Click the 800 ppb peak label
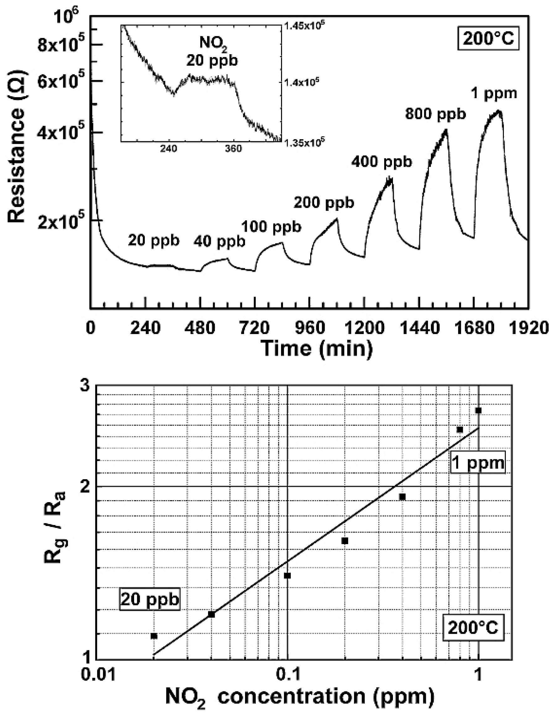pyautogui.click(x=435, y=114)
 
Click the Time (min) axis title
pyautogui.click(x=317, y=349)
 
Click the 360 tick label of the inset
pyautogui.click(x=233, y=149)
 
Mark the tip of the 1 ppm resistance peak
pyautogui.click(x=498, y=111)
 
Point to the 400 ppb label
pyautogui.click(x=381, y=161)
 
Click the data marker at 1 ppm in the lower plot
pyautogui.click(x=478, y=411)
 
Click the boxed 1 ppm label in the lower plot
pyautogui.click(x=478, y=463)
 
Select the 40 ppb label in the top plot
pyautogui.click(x=219, y=242)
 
